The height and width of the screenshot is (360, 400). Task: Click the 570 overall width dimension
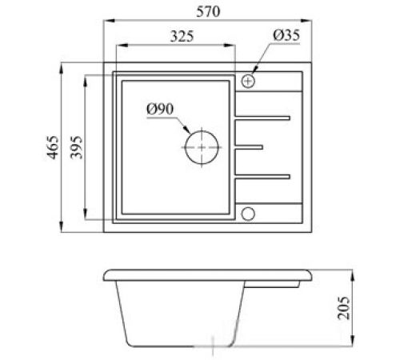(x=208, y=11)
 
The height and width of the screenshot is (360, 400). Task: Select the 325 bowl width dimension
(x=182, y=36)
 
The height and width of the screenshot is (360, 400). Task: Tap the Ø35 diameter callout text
(x=286, y=35)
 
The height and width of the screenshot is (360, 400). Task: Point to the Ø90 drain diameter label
(x=160, y=109)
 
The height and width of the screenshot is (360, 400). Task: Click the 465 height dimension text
(x=53, y=147)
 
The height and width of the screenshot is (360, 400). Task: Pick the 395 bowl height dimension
(x=77, y=147)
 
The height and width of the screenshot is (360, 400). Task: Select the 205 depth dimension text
(x=343, y=307)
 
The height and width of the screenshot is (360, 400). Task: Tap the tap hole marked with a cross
(x=248, y=81)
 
